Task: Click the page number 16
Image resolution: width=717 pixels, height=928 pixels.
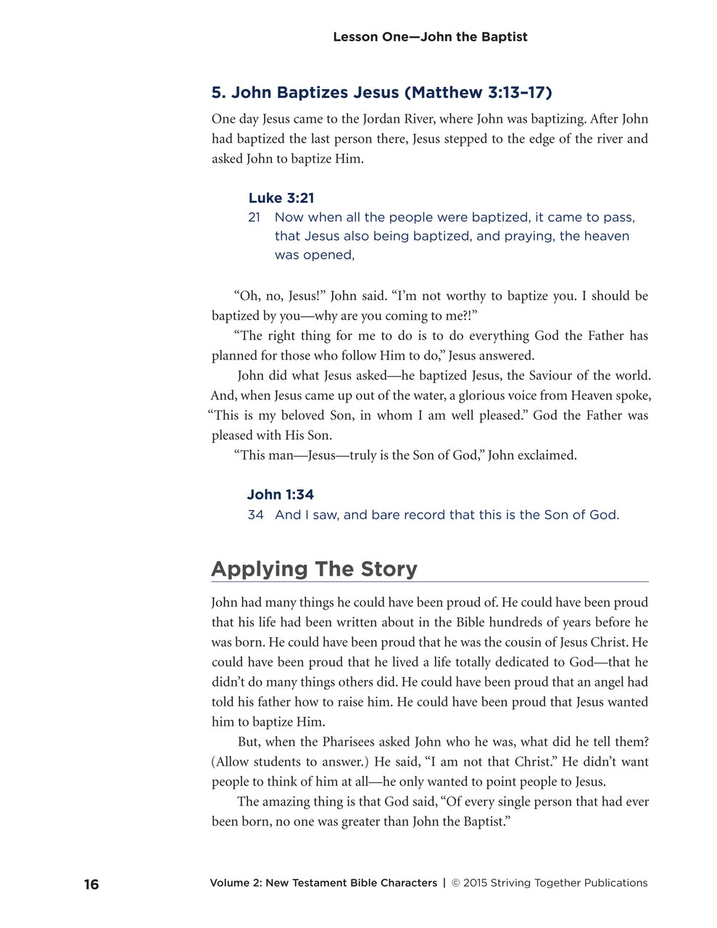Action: click(x=91, y=884)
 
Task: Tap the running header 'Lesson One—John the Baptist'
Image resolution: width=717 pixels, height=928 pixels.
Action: click(x=430, y=37)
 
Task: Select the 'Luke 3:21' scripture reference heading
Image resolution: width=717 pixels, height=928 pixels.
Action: click(x=281, y=198)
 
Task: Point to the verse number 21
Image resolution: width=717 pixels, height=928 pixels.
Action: click(x=254, y=217)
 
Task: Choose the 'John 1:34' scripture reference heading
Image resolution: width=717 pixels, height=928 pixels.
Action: click(x=280, y=494)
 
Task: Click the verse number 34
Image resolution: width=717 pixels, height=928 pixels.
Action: click(x=255, y=515)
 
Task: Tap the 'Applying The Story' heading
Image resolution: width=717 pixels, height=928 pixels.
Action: click(x=314, y=568)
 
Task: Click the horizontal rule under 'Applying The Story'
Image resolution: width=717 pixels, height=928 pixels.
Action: click(x=430, y=581)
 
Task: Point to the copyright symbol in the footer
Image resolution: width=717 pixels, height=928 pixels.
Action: click(x=456, y=883)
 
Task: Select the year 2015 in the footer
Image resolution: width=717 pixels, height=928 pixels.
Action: click(x=475, y=883)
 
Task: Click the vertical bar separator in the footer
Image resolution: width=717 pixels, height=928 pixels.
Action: click(x=444, y=883)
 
